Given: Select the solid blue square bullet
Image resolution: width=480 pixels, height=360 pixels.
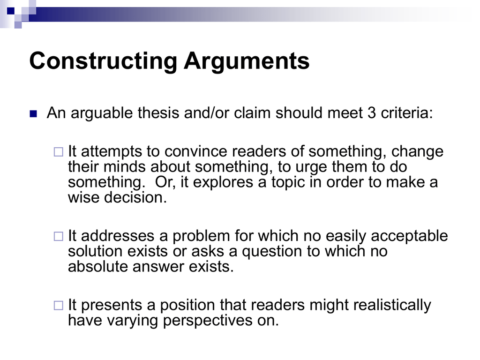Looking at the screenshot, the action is click(x=33, y=114).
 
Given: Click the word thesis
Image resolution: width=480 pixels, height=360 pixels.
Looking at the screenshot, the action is click(x=158, y=112).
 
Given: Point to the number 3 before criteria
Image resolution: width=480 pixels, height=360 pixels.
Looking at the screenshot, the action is click(x=372, y=113).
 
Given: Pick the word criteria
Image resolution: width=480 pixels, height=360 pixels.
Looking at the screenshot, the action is click(x=407, y=113).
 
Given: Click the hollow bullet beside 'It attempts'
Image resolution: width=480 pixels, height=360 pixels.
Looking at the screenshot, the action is click(x=59, y=152).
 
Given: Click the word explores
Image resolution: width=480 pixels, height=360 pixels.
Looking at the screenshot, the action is click(x=223, y=182).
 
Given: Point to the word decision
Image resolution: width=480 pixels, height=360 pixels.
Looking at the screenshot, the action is click(x=135, y=197).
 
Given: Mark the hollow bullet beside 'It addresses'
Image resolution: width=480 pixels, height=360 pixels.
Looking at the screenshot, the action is click(x=59, y=236).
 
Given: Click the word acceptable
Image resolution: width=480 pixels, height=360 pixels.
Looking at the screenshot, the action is click(x=409, y=236).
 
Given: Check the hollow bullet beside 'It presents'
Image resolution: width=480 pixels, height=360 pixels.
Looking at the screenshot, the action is click(x=59, y=306).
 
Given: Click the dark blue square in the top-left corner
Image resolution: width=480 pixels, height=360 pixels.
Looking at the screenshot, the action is click(x=11, y=11).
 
